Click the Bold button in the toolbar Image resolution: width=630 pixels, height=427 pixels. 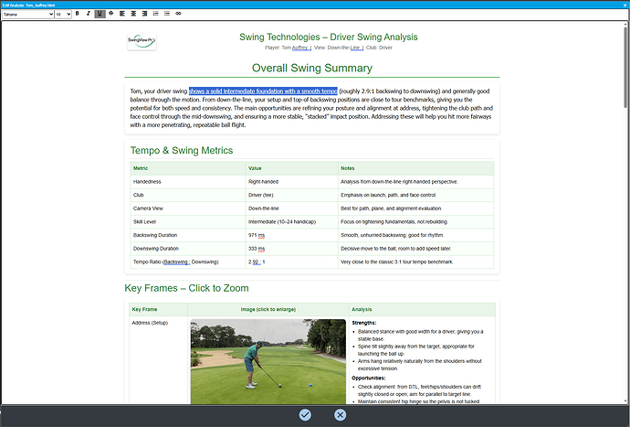pos(77,15)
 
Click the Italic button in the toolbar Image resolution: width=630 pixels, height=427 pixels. pos(88,15)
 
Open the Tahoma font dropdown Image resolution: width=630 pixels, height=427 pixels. pos(36,15)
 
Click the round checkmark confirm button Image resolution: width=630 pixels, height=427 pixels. pos(305,414)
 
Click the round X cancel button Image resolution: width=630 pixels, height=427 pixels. pos(340,414)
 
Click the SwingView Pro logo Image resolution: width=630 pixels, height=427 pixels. pos(147,41)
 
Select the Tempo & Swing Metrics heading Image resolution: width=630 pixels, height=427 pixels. pos(182,150)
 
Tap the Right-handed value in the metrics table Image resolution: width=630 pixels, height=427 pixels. pos(265,182)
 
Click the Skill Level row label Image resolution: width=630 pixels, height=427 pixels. pos(148,221)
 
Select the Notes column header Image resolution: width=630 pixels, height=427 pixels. pos(347,168)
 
